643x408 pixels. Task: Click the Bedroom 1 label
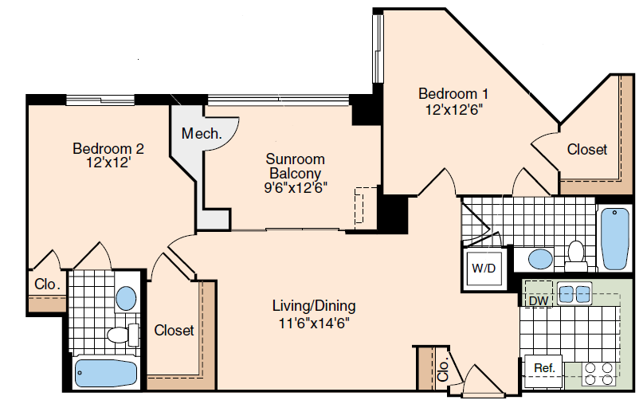[453, 94]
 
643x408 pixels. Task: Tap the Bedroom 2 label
[108, 148]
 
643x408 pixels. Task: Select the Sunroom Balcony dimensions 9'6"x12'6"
[296, 188]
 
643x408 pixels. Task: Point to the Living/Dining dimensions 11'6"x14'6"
[314, 323]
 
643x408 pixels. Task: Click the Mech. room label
[202, 133]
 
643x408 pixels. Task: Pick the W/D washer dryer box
[484, 269]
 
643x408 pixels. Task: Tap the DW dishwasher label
[539, 300]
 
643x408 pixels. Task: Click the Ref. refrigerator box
[544, 371]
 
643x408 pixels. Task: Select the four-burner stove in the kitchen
[599, 374]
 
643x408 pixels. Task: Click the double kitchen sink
[574, 293]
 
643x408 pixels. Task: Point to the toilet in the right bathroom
[576, 256]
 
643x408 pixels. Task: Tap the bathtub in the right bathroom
[614, 238]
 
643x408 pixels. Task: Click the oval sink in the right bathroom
[540, 260]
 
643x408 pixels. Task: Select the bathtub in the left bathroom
[106, 373]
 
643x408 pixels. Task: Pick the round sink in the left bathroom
[126, 299]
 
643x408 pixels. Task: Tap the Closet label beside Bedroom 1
[586, 149]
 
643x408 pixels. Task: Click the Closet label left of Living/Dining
[174, 330]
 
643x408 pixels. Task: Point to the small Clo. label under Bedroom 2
[47, 284]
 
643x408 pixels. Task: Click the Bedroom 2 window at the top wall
[100, 100]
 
